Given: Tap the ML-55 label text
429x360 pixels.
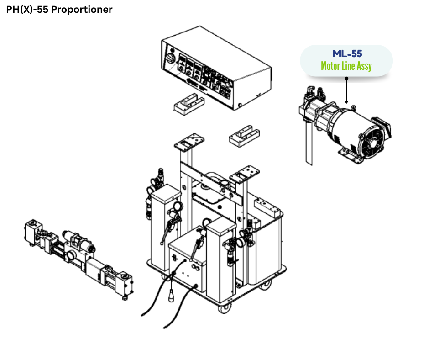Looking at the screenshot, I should [347, 54].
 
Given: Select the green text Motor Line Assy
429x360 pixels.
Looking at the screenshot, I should [346, 66].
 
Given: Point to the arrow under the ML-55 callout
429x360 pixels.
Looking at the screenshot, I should [346, 91].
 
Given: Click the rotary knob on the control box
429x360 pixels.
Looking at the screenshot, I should [170, 59].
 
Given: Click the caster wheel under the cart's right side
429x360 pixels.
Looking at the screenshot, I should [265, 286].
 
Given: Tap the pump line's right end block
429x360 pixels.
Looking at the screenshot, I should [125, 283].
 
